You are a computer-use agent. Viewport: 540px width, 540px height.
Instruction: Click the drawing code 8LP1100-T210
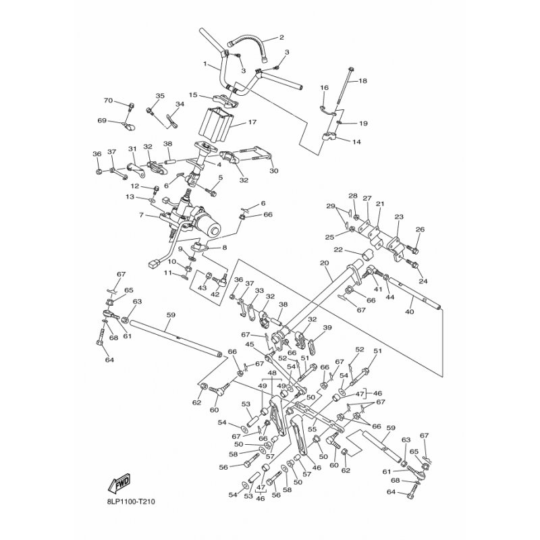tap(128, 502)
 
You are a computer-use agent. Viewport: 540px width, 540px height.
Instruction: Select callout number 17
tap(252, 122)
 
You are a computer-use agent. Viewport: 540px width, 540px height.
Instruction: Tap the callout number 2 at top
tap(281, 38)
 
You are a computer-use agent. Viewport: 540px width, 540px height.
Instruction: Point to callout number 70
tap(108, 101)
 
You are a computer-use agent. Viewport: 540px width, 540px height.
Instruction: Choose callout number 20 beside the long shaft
tap(324, 263)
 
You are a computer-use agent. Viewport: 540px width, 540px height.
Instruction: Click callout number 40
tap(410, 312)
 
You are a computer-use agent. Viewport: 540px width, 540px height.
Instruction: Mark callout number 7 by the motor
tap(141, 215)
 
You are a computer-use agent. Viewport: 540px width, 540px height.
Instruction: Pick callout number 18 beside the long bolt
tap(362, 81)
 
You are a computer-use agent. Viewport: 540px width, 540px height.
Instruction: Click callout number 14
tap(356, 142)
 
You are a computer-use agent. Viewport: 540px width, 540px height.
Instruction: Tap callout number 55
tap(313, 429)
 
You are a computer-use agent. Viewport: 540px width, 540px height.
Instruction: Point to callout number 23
tap(398, 217)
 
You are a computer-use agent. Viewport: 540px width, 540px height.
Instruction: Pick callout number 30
tap(274, 171)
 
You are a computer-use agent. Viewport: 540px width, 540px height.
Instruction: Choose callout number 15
tap(193, 94)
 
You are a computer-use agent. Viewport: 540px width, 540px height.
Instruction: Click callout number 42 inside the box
tap(215, 294)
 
